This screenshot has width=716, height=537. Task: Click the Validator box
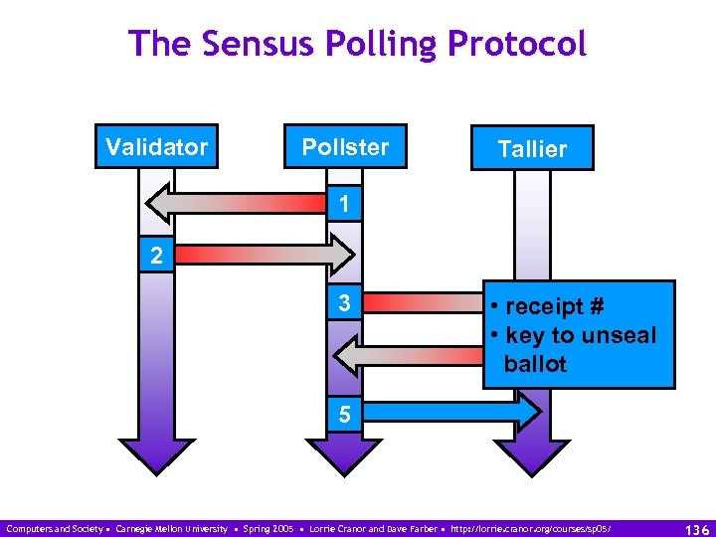(157, 148)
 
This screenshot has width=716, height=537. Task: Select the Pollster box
(345, 148)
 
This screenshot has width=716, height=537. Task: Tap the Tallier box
(532, 149)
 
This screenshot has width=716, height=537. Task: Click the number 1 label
(343, 205)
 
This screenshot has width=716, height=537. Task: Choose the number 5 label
(343, 414)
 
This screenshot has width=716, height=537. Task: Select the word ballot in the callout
(535, 364)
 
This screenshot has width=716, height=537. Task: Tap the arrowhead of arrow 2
(340, 255)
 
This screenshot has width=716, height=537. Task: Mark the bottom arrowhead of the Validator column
(156, 455)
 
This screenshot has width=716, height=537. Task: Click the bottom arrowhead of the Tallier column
(532, 455)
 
